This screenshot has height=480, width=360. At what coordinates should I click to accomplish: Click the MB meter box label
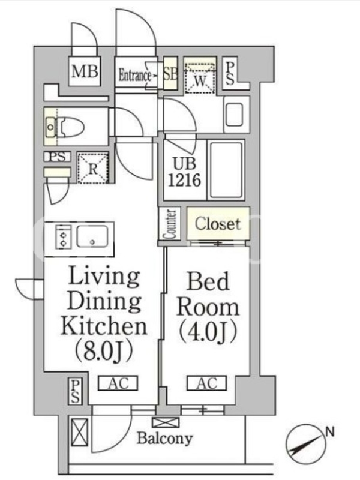85,71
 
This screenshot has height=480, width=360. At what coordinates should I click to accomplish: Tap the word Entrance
134,75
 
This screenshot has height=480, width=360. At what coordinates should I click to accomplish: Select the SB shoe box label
170,73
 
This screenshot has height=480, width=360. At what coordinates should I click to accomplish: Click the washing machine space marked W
200,77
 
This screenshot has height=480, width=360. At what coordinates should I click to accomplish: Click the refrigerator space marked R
93,168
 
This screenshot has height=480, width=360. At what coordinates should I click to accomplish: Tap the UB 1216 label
185,172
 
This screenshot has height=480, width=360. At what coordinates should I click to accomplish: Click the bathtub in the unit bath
226,170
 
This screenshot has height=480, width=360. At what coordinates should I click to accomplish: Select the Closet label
218,224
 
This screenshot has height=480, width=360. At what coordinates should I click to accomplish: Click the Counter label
170,224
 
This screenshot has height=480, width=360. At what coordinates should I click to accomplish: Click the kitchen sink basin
92,236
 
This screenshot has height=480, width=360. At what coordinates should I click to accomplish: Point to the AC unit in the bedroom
207,383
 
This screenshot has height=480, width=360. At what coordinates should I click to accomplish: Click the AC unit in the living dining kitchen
118,383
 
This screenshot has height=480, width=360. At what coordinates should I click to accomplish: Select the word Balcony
164,438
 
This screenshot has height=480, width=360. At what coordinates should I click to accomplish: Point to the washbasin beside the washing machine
235,114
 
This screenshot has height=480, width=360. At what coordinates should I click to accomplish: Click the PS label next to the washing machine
230,73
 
